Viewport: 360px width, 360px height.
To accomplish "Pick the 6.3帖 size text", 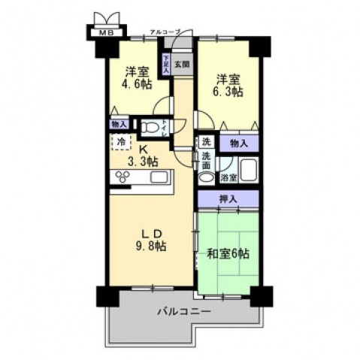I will (226, 92).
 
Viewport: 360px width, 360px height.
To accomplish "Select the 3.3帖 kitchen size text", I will (141, 161).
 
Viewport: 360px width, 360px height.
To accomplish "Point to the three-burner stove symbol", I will (123, 177).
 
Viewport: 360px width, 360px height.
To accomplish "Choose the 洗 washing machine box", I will (206, 141).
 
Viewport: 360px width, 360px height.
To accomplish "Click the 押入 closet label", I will (228, 198).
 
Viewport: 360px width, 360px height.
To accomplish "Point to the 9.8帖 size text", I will (151, 246).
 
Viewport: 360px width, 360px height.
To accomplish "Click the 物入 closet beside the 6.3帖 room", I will (239, 141).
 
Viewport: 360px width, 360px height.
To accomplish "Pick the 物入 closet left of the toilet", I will (119, 123).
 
